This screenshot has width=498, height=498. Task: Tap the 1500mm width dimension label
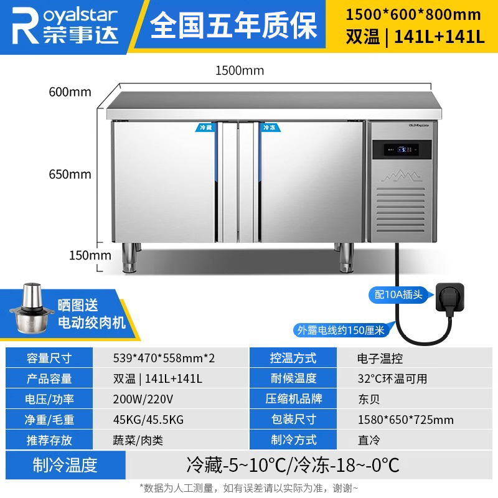240,70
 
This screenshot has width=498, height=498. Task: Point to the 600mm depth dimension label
70,92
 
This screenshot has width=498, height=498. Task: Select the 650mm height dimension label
70,174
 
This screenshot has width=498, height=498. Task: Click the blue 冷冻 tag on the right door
269,127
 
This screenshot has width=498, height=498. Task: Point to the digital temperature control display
402,150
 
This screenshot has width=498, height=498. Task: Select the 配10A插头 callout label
399,294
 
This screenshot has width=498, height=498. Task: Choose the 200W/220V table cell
143,399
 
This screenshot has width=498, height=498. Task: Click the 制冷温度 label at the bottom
65,464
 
